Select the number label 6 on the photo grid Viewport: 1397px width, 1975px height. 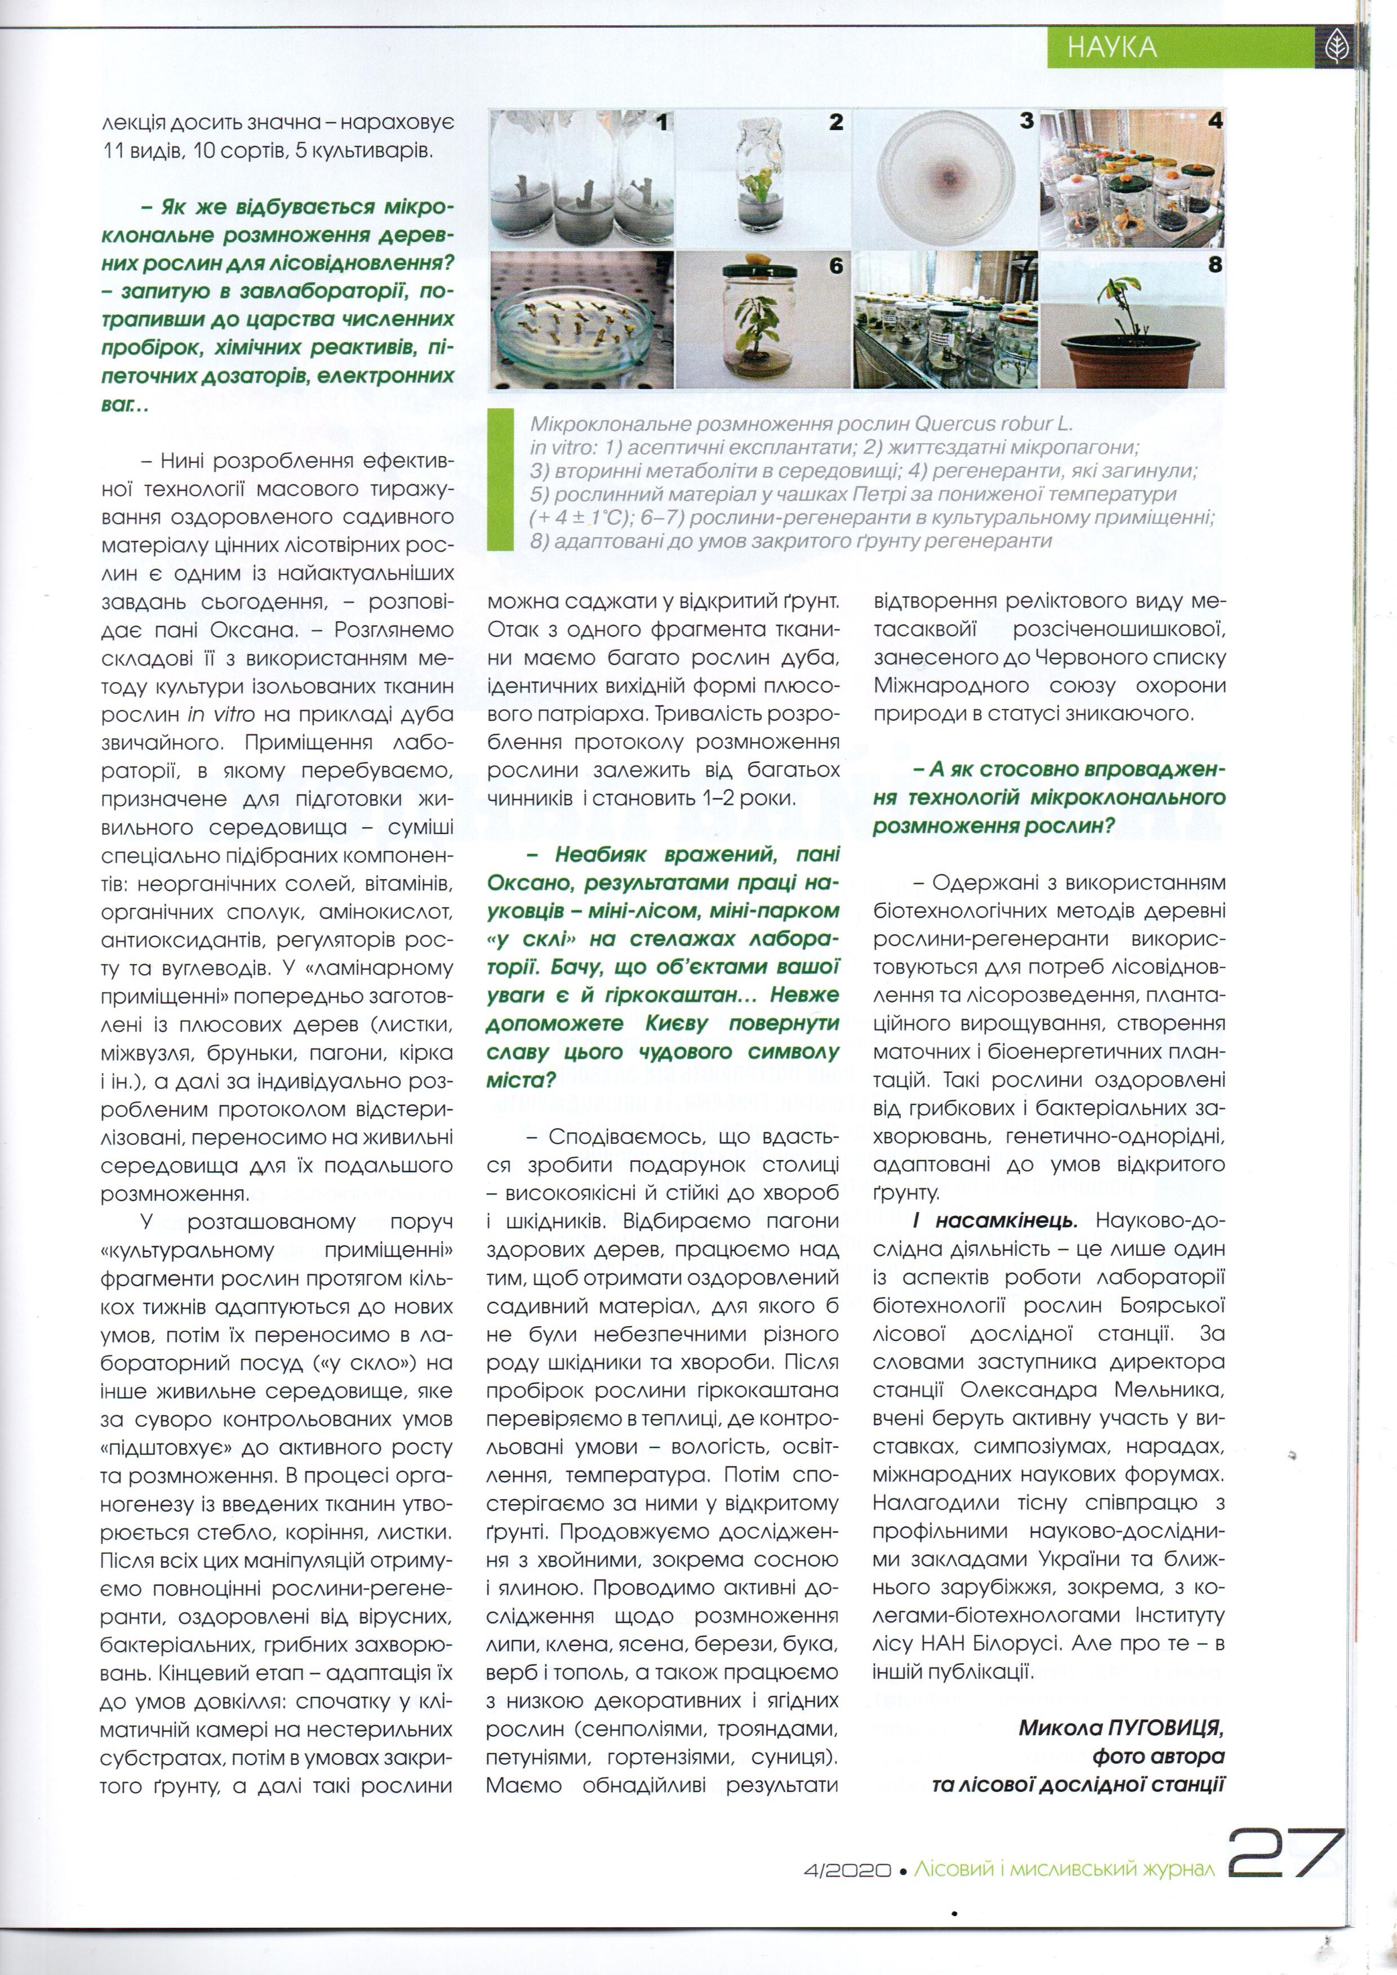pyautogui.click(x=835, y=268)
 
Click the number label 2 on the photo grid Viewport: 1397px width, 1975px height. pyautogui.click(x=836, y=122)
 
